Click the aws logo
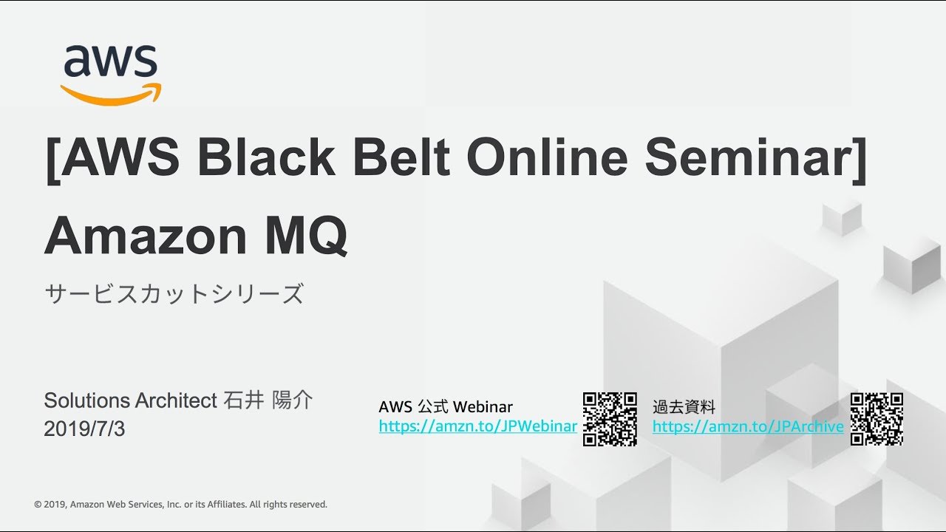coord(111,75)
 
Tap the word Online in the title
coord(548,157)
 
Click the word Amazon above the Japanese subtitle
coord(146,236)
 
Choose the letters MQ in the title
coord(306,236)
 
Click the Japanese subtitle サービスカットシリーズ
coord(174,294)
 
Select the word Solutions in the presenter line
coord(87,400)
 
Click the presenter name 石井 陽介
coord(268,400)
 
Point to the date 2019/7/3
coord(84,429)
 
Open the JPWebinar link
coord(477,426)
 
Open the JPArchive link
coord(748,426)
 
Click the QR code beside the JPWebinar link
coord(610,419)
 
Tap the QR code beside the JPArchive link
coord(877,419)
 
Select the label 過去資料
coord(684,407)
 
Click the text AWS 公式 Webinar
coord(446,407)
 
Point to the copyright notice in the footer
coord(181,504)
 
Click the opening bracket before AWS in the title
coord(52,160)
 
